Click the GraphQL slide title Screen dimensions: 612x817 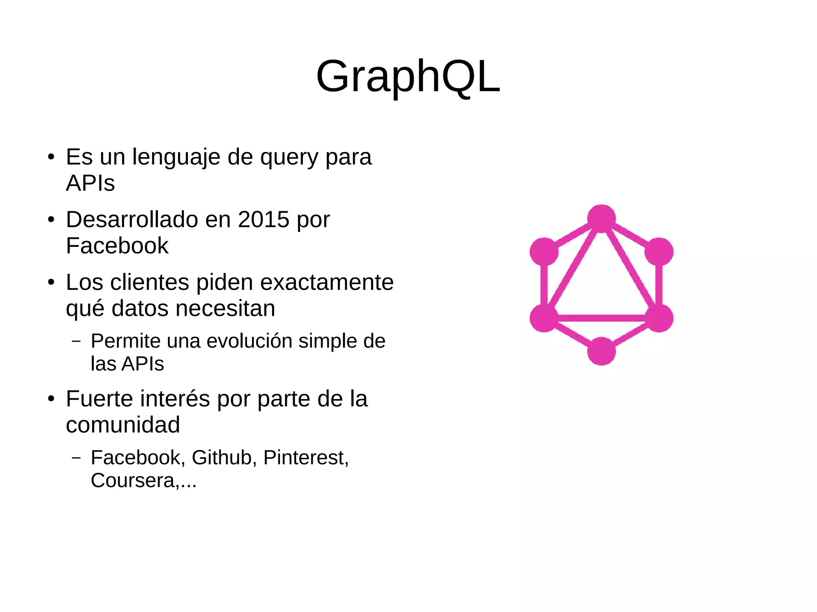point(408,77)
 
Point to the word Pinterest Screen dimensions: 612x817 point(306,457)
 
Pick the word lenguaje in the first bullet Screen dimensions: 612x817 point(176,157)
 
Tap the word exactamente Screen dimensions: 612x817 point(327,282)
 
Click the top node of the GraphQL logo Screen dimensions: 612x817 point(601,218)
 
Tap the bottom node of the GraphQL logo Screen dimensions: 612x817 point(601,351)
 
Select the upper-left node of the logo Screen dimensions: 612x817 point(544,252)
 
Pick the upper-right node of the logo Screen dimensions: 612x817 point(659,252)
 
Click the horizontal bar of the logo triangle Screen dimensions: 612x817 point(601,318)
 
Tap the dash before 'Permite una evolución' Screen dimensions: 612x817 point(76,341)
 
